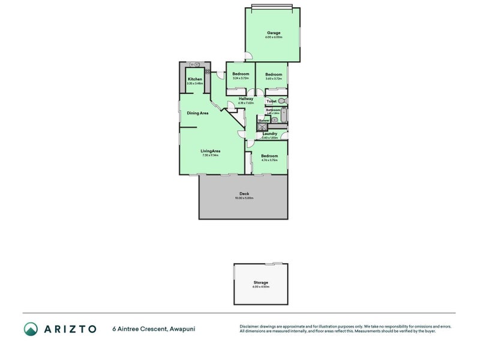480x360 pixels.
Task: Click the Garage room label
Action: [273, 33]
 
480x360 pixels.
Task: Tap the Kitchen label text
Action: [195, 79]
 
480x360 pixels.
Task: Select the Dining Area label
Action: [197, 113]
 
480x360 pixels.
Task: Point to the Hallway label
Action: [246, 98]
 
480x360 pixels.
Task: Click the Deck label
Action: [244, 194]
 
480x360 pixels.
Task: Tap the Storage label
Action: [260, 282]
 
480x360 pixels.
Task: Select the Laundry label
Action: [269, 133]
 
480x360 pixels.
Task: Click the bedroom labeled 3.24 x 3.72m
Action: [241, 74]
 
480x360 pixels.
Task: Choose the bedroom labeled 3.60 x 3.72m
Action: [274, 74]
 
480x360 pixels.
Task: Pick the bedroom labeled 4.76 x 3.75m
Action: [269, 155]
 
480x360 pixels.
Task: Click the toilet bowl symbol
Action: [282, 101]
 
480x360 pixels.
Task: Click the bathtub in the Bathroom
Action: [284, 115]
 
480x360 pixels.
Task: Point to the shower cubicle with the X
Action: [262, 127]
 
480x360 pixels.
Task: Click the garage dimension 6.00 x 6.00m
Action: [273, 38]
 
